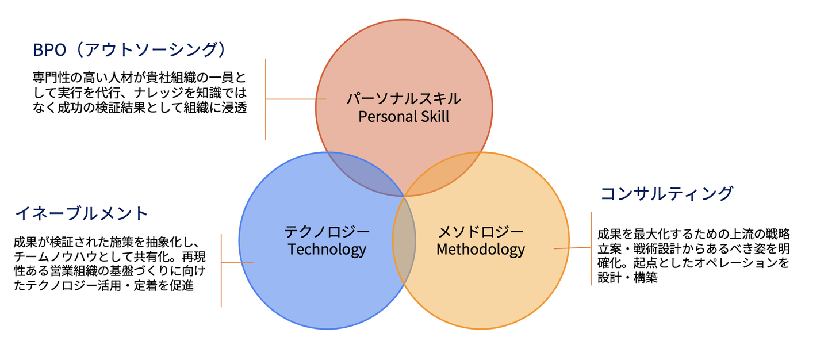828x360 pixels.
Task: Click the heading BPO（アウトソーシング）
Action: click(129, 49)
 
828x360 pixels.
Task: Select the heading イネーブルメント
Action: click(81, 213)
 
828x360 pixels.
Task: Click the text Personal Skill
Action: click(404, 116)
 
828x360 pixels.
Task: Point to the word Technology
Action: click(327, 249)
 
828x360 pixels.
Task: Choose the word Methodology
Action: click(481, 249)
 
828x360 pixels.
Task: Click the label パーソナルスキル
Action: click(404, 99)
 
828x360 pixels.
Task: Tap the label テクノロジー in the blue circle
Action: click(327, 232)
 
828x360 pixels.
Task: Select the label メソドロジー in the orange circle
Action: click(481, 232)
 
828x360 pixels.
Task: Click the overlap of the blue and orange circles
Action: click(404, 240)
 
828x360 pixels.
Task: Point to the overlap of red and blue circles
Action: click(366, 174)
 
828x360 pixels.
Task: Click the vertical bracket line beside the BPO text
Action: click(266, 99)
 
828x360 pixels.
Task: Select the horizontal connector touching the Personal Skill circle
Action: click(296, 99)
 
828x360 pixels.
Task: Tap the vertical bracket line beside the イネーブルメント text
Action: click(221, 270)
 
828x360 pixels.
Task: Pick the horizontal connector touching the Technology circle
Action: click(237, 262)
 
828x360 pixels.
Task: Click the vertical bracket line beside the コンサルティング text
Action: click(591, 248)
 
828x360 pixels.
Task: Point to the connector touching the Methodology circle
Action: click(572, 248)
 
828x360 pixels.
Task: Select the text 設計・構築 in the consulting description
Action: click(628, 278)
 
